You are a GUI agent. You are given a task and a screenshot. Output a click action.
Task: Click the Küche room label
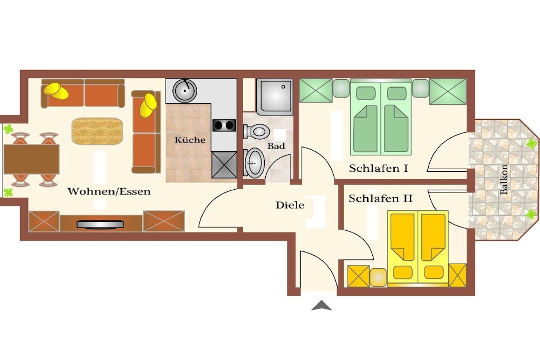[190, 140]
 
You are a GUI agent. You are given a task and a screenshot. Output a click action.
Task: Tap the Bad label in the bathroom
[276, 146]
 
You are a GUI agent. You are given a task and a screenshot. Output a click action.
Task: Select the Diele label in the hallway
[290, 205]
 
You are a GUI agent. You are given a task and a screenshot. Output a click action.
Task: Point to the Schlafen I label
[379, 168]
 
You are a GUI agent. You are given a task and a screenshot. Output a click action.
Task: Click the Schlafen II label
[381, 199]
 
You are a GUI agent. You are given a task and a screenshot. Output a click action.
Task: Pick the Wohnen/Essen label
[109, 191]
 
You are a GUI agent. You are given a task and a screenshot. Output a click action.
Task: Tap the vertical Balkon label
[504, 179]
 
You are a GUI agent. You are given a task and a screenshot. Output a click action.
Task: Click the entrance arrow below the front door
[321, 305]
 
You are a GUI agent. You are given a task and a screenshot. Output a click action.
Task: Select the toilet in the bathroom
[256, 131]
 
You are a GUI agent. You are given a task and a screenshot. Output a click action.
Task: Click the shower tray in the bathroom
[274, 96]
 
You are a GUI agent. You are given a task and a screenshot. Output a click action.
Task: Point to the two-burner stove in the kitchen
[224, 125]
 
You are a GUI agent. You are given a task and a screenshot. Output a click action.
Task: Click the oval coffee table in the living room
[97, 131]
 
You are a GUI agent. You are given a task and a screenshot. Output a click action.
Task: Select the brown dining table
[31, 159]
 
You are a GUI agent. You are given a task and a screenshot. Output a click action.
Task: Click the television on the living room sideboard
[100, 225]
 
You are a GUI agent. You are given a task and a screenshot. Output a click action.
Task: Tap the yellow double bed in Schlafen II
[418, 248]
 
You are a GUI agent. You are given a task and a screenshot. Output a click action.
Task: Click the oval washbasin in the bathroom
[254, 163]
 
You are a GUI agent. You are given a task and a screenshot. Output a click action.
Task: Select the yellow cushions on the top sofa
[56, 91]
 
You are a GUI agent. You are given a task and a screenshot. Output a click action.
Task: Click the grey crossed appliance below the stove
[224, 165]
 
